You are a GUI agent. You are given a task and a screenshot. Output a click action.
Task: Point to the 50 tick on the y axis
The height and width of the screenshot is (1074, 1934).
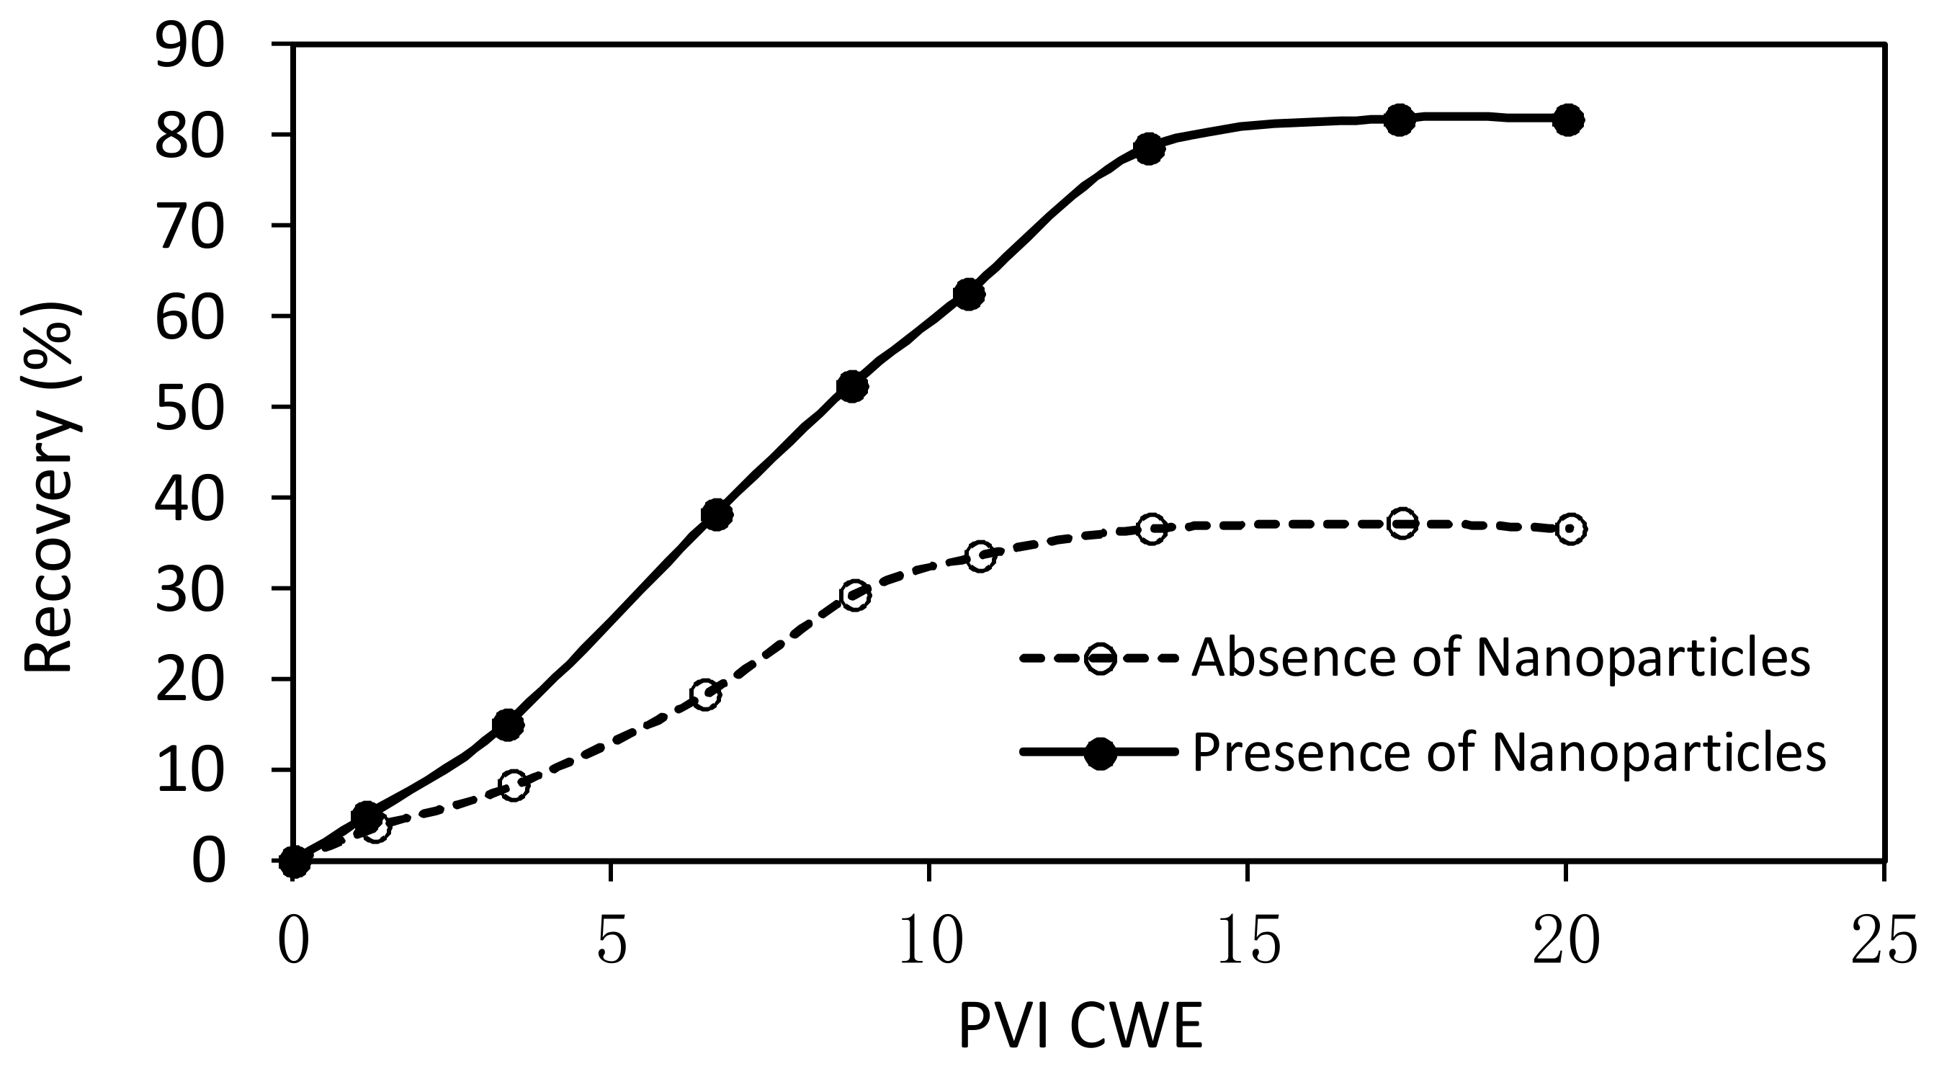click(189, 407)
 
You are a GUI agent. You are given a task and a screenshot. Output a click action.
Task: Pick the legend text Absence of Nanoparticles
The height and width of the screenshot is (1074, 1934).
click(1501, 658)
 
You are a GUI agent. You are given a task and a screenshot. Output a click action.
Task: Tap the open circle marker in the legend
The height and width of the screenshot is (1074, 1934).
click(1101, 658)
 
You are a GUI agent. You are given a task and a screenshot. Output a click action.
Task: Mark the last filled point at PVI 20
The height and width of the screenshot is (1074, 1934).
click(1567, 120)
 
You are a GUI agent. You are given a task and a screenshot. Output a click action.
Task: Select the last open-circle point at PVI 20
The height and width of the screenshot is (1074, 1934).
click(1571, 529)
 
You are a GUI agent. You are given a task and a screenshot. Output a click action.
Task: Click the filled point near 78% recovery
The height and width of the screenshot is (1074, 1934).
click(1149, 148)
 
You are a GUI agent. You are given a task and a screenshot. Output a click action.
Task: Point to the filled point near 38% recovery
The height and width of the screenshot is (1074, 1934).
click(716, 514)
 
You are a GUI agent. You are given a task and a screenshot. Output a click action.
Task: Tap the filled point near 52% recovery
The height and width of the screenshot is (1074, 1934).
click(851, 386)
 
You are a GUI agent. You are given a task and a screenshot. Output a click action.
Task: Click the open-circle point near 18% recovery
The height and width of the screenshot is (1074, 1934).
click(705, 694)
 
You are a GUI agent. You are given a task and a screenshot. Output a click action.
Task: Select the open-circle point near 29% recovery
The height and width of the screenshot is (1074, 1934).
click(856, 596)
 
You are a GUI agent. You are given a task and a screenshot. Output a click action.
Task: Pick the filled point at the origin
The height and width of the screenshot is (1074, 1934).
click(295, 862)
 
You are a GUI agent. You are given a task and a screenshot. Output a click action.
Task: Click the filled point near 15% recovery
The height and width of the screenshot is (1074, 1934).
click(508, 725)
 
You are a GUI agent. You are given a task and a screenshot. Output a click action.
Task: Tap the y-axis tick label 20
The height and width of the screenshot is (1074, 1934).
click(189, 680)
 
